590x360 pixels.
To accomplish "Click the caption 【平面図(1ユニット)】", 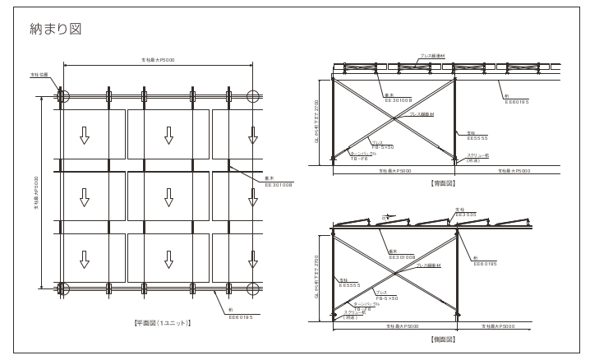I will click(163, 322).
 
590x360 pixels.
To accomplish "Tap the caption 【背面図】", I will click(444, 182).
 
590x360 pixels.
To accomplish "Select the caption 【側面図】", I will click(444, 339).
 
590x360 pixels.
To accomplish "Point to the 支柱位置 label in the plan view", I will click(39, 75).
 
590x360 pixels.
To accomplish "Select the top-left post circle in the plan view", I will click(64, 95).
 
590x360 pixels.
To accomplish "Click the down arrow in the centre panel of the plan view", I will click(168, 197).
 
